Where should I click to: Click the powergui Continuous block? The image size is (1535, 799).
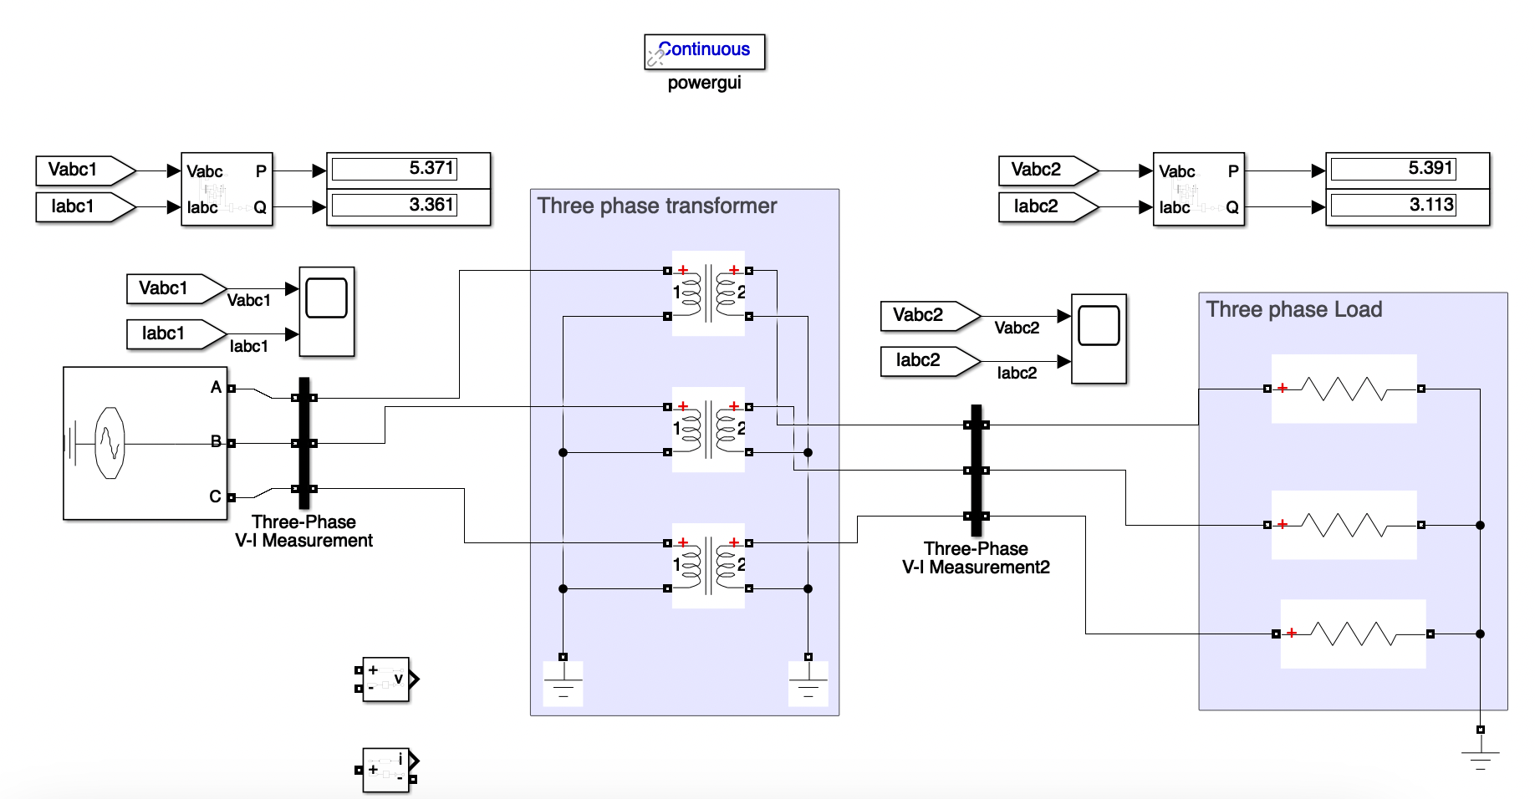(704, 52)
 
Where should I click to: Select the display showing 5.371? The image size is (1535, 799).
(408, 170)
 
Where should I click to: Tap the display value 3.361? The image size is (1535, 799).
(408, 206)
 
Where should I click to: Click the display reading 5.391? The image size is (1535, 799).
(1407, 170)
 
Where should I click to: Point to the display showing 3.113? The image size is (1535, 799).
(1407, 206)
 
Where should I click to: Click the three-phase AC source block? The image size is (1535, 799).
(145, 443)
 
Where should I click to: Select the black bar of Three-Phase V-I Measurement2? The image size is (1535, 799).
(976, 470)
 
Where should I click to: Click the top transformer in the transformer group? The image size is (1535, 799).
(708, 293)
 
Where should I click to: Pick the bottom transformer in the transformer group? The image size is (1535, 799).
(708, 566)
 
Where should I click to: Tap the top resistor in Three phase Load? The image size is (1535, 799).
(1344, 389)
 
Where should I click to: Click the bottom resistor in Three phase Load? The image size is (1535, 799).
(1352, 634)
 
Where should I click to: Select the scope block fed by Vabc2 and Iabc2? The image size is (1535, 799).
(1099, 338)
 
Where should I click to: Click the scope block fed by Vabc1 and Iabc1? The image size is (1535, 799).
(327, 312)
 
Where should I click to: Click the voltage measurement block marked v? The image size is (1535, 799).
(385, 679)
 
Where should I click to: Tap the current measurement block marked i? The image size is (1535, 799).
(385, 770)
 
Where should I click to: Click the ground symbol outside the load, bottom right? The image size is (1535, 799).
(1480, 757)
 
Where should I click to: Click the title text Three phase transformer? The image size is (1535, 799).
(657, 206)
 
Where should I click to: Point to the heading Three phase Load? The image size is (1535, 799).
(1293, 310)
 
